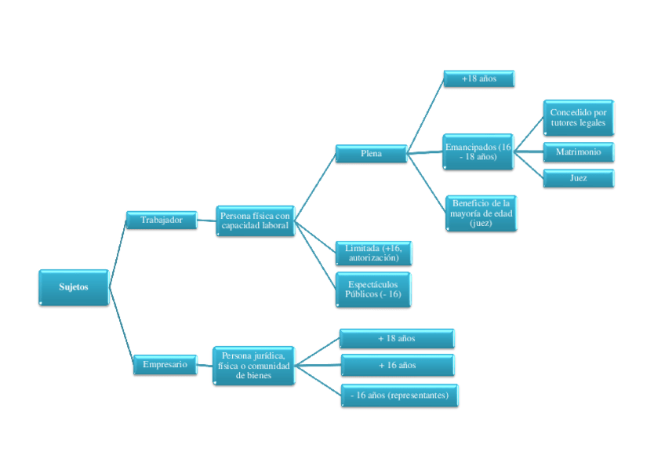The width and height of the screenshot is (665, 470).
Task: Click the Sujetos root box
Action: (73, 287)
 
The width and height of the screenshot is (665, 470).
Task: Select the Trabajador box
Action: (161, 220)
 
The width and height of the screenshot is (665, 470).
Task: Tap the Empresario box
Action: (165, 364)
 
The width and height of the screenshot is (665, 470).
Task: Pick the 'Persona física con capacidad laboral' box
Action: (255, 220)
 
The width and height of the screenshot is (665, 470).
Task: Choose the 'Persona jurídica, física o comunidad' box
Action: (253, 366)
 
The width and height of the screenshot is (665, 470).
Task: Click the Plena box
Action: (371, 154)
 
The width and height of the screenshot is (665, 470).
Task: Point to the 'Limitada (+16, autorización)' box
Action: (372, 253)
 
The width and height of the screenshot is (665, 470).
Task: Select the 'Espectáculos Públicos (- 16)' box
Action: (372, 289)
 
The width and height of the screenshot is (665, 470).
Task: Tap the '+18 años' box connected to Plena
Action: (478, 78)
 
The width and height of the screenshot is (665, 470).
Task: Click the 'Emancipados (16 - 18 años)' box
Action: (478, 151)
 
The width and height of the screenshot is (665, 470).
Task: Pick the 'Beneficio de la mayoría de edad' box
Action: (481, 213)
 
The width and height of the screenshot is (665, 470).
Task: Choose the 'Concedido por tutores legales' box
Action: (578, 118)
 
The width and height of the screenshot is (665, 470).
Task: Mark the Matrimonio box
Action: (578, 151)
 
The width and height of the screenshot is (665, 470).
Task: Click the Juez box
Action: (578, 178)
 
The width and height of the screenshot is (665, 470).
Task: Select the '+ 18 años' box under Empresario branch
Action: (396, 339)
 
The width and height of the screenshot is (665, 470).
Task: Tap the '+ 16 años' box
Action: (396, 366)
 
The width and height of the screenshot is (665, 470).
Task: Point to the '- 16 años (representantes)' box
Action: (399, 395)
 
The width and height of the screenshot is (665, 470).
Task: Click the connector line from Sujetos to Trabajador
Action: (118, 253)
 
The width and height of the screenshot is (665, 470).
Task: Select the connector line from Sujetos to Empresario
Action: (120, 325)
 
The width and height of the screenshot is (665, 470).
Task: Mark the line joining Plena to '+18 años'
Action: (425, 115)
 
